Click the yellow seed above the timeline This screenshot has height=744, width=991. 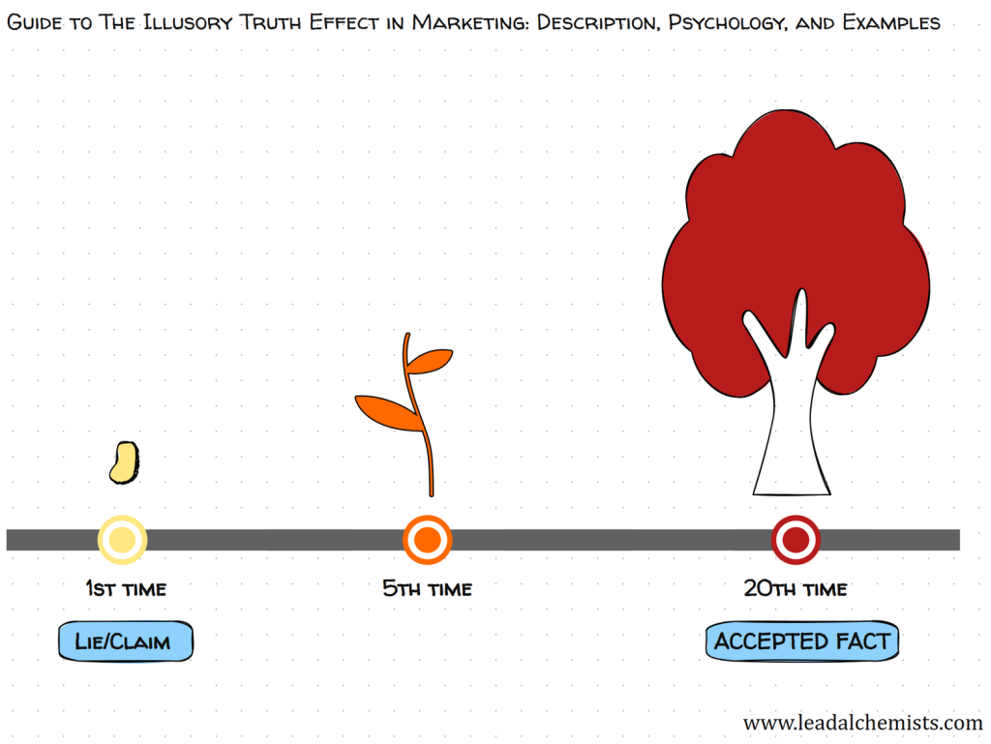123,462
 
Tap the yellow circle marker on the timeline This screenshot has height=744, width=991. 123,540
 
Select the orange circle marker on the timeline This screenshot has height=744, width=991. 427,540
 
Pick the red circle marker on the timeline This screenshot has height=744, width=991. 796,540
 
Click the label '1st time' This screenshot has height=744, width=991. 126,588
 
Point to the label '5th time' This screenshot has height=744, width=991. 427,588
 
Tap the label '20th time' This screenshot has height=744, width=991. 796,588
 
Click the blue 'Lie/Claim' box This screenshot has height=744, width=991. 125,641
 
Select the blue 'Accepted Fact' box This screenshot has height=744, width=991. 801,641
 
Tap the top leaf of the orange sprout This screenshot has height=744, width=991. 429,360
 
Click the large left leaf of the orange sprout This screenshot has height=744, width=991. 387,411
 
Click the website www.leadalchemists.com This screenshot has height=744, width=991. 862,723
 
